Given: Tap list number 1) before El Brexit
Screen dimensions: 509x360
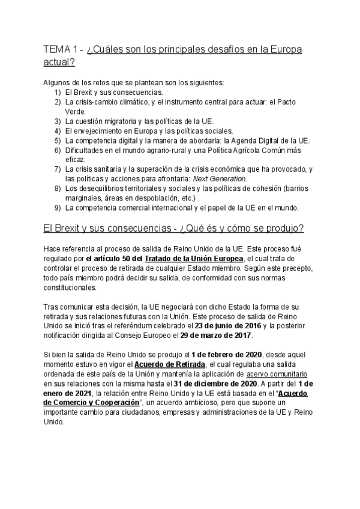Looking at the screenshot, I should point(57,92).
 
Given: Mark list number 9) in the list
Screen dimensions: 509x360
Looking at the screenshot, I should point(57,208).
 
